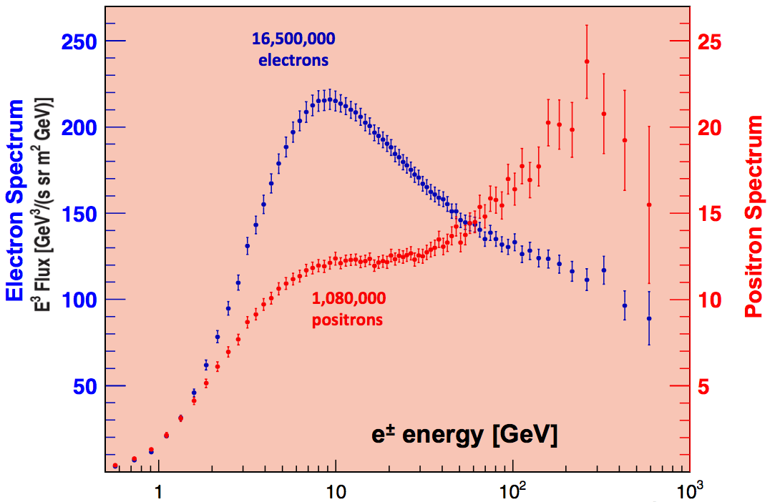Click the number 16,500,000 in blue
[293, 39]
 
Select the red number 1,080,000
[347, 299]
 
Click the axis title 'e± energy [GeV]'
[464, 434]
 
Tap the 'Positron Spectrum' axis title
[754, 217]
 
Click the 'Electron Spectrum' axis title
[15, 201]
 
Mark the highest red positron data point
[587, 61]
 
